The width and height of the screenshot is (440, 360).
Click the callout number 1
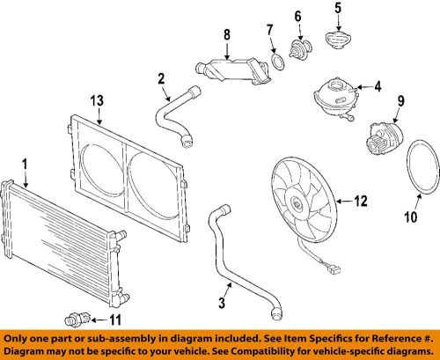[26, 164]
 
